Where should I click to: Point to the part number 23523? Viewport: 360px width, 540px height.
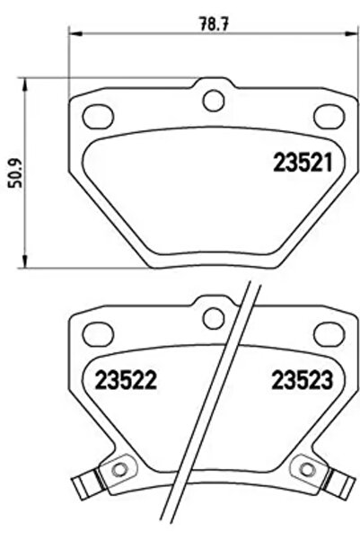[303, 380]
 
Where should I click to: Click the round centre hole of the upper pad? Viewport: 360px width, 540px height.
[213, 100]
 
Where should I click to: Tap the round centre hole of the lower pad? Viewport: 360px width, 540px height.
[213, 317]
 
